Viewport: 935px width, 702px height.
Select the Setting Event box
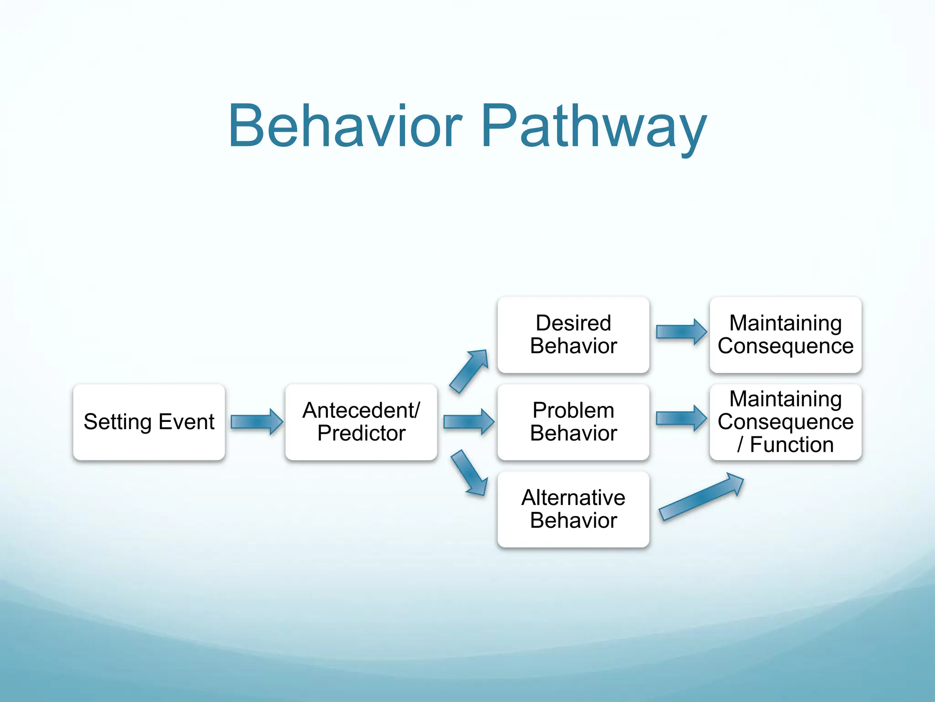149,422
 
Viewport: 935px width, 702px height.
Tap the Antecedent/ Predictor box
361,422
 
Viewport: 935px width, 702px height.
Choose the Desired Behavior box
573,335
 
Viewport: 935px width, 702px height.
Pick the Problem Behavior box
573,422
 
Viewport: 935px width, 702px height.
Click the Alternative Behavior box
573,509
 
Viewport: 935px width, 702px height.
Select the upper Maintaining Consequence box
785,335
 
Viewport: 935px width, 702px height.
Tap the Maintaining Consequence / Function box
785,422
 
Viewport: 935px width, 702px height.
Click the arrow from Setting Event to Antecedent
256,421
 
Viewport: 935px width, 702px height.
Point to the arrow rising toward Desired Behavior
468,371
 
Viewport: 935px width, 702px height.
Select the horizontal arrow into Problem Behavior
468,421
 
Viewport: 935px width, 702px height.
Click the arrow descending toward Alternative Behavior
469,473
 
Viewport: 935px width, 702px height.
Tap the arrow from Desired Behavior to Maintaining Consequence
681,331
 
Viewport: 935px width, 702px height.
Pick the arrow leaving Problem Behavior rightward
681,418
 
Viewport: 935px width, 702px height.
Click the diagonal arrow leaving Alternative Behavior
701,497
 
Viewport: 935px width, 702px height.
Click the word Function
792,445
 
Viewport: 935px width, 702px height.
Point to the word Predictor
361,433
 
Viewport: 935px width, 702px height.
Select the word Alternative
573,498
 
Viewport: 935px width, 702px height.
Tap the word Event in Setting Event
186,422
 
